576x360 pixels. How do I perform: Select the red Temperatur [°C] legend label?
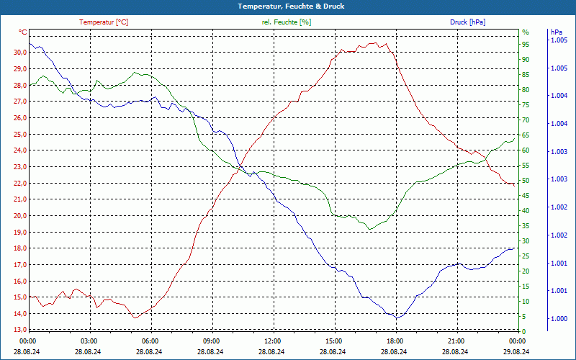[x=104, y=22]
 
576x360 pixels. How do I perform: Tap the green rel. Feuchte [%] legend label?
[x=287, y=22]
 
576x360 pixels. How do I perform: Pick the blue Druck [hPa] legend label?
[x=468, y=22]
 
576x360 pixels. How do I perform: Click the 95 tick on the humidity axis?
[x=526, y=45]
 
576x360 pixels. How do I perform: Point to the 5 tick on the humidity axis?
[x=524, y=317]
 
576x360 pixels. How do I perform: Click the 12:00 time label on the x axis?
[x=273, y=341]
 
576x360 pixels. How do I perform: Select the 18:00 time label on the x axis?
[x=395, y=341]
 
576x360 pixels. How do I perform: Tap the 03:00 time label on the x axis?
[x=89, y=341]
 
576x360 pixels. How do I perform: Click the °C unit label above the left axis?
[x=23, y=32]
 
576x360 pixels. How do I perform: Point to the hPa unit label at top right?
[x=556, y=32]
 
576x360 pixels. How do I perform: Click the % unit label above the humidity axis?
[x=526, y=32]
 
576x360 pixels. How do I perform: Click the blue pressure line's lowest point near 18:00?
[x=395, y=318]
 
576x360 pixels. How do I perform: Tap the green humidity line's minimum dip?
[x=369, y=230]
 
